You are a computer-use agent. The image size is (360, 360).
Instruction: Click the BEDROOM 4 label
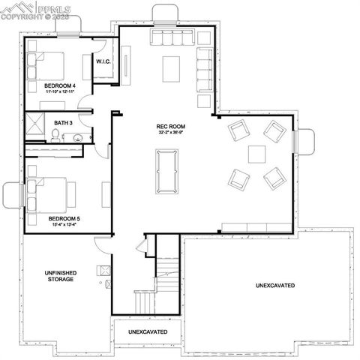pos(59,85)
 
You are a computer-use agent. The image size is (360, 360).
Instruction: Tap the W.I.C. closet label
pos(103,61)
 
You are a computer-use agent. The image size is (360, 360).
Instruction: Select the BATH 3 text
pos(63,121)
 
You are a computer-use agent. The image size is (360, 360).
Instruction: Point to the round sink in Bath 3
pos(76,137)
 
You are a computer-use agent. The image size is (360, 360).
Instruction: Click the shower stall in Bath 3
pos(34,127)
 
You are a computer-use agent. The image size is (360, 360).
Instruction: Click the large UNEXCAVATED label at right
pos(274,286)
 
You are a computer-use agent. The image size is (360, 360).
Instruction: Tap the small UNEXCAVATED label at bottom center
pos(147,331)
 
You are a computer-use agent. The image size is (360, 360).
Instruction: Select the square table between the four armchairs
pos(257,154)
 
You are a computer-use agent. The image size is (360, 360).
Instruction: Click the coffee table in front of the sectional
pos(172,68)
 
